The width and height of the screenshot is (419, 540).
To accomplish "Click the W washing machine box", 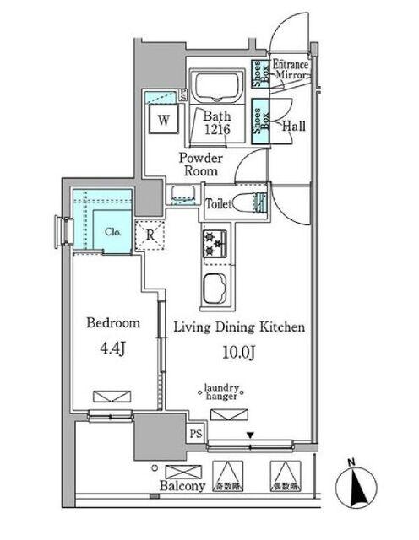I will [x=163, y=119].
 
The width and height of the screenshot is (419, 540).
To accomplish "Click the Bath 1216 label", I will [x=216, y=124].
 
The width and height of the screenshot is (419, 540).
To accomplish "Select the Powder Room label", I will [x=199, y=164].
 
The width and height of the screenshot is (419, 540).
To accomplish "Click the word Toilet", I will [x=220, y=202].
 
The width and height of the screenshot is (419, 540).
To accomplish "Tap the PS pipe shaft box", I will [x=195, y=435].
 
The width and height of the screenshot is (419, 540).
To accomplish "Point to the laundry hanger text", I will [x=223, y=393].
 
